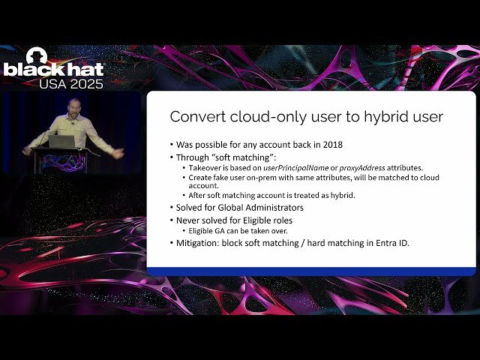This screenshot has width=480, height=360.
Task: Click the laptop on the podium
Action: tap(61, 141)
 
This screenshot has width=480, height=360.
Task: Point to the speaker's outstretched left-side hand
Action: tap(27, 150)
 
